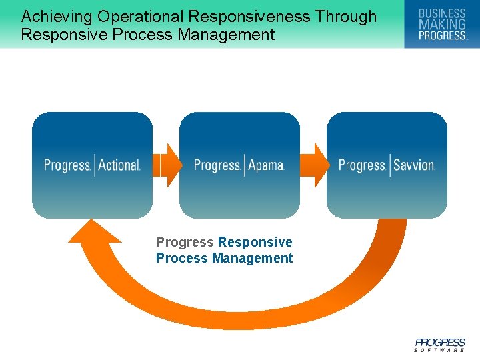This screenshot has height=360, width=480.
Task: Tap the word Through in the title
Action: click(x=345, y=17)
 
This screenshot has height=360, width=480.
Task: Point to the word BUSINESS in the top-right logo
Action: click(x=441, y=13)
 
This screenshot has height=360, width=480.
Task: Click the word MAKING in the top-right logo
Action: click(x=441, y=25)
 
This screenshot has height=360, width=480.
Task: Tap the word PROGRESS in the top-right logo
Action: click(x=441, y=35)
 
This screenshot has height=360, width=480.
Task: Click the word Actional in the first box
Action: click(x=119, y=165)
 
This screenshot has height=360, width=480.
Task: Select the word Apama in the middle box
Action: click(x=266, y=165)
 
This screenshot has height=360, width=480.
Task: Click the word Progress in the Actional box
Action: click(x=67, y=165)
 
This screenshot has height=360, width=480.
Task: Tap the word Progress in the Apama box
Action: click(x=217, y=165)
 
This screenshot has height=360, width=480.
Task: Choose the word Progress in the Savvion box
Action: click(x=362, y=165)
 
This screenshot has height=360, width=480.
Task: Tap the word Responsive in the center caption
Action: click(x=255, y=242)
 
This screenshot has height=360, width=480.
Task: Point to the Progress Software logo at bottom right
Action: click(x=439, y=344)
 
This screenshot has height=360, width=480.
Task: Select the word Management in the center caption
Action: click(x=252, y=258)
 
